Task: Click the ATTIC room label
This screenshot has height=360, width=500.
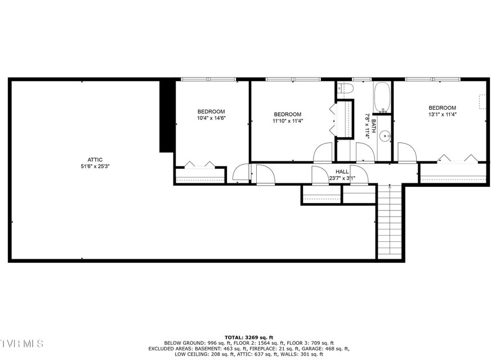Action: pyautogui.click(x=95, y=160)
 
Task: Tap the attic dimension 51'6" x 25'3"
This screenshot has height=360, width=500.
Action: pyautogui.click(x=95, y=166)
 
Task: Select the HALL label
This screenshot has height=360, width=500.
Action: pyautogui.click(x=342, y=172)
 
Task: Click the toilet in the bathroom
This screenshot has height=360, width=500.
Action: pyautogui.click(x=345, y=88)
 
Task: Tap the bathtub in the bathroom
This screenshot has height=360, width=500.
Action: pyautogui.click(x=382, y=98)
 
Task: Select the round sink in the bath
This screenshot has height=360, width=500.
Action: pyautogui.click(x=385, y=136)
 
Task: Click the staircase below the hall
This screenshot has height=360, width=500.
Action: pyautogui.click(x=390, y=222)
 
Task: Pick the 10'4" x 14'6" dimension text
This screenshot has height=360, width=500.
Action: pyautogui.click(x=211, y=118)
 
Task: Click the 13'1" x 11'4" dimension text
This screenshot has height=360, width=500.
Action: pyautogui.click(x=442, y=114)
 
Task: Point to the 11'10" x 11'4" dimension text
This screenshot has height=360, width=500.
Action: pyautogui.click(x=288, y=121)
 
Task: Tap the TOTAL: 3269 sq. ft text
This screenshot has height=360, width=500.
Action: pyautogui.click(x=249, y=337)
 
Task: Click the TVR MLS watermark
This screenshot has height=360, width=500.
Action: pyautogui.click(x=22, y=344)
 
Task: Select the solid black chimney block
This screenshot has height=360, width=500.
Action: pyautogui.click(x=167, y=116)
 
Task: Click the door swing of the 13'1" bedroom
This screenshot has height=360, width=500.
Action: pyautogui.click(x=407, y=152)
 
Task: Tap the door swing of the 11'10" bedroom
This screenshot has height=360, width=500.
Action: pyautogui.click(x=323, y=152)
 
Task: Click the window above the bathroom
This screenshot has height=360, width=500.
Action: pyautogui.click(x=361, y=79)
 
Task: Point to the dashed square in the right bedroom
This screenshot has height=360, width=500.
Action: pyautogui.click(x=483, y=102)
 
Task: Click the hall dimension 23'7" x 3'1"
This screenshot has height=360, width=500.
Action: pyautogui.click(x=342, y=178)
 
